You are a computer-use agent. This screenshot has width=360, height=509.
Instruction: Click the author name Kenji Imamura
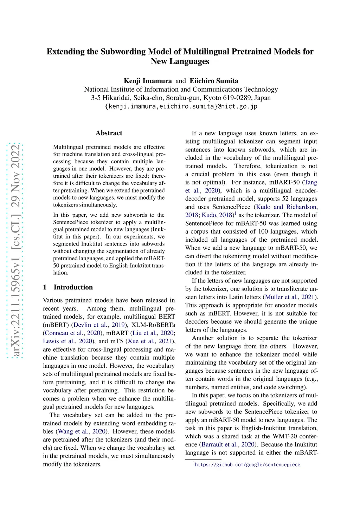click(x=148, y=81)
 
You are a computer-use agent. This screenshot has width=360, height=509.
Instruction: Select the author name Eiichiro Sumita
click(x=214, y=81)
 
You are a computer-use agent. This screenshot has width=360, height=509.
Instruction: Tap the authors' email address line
click(x=181, y=106)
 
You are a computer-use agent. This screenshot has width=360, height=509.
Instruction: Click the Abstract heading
click(x=109, y=133)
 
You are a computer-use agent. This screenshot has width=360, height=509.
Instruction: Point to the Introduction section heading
click(x=73, y=287)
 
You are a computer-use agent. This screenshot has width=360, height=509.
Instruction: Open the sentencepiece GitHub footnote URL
click(x=247, y=464)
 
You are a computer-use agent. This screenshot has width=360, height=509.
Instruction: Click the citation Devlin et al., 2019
click(x=99, y=325)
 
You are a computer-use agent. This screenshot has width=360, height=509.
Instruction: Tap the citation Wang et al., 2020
click(x=82, y=431)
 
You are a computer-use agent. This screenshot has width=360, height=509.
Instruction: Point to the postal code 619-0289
click(x=238, y=98)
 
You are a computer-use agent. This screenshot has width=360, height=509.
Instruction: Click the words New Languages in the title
click(x=180, y=61)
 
